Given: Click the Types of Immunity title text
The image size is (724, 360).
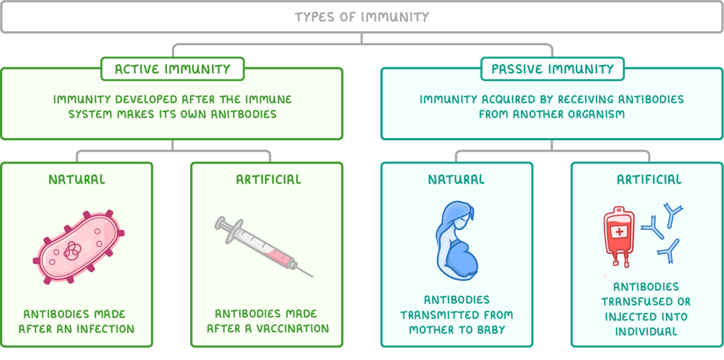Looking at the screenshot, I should pos(362,17).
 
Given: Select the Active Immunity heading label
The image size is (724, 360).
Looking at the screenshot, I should pos(173,69).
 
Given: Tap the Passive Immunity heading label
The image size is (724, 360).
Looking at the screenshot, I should pos(552,69).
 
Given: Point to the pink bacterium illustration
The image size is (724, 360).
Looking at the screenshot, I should pos(78,247).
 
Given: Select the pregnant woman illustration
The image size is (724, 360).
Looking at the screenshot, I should pos(456,240).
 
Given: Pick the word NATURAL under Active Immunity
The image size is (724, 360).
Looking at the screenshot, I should pos(77,180).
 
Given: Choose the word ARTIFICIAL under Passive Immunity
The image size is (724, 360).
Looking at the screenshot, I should pos(649,180).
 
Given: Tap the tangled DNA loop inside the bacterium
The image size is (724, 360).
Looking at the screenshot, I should pos(72,251).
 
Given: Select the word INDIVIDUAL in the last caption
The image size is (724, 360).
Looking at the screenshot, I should pos(646,331).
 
